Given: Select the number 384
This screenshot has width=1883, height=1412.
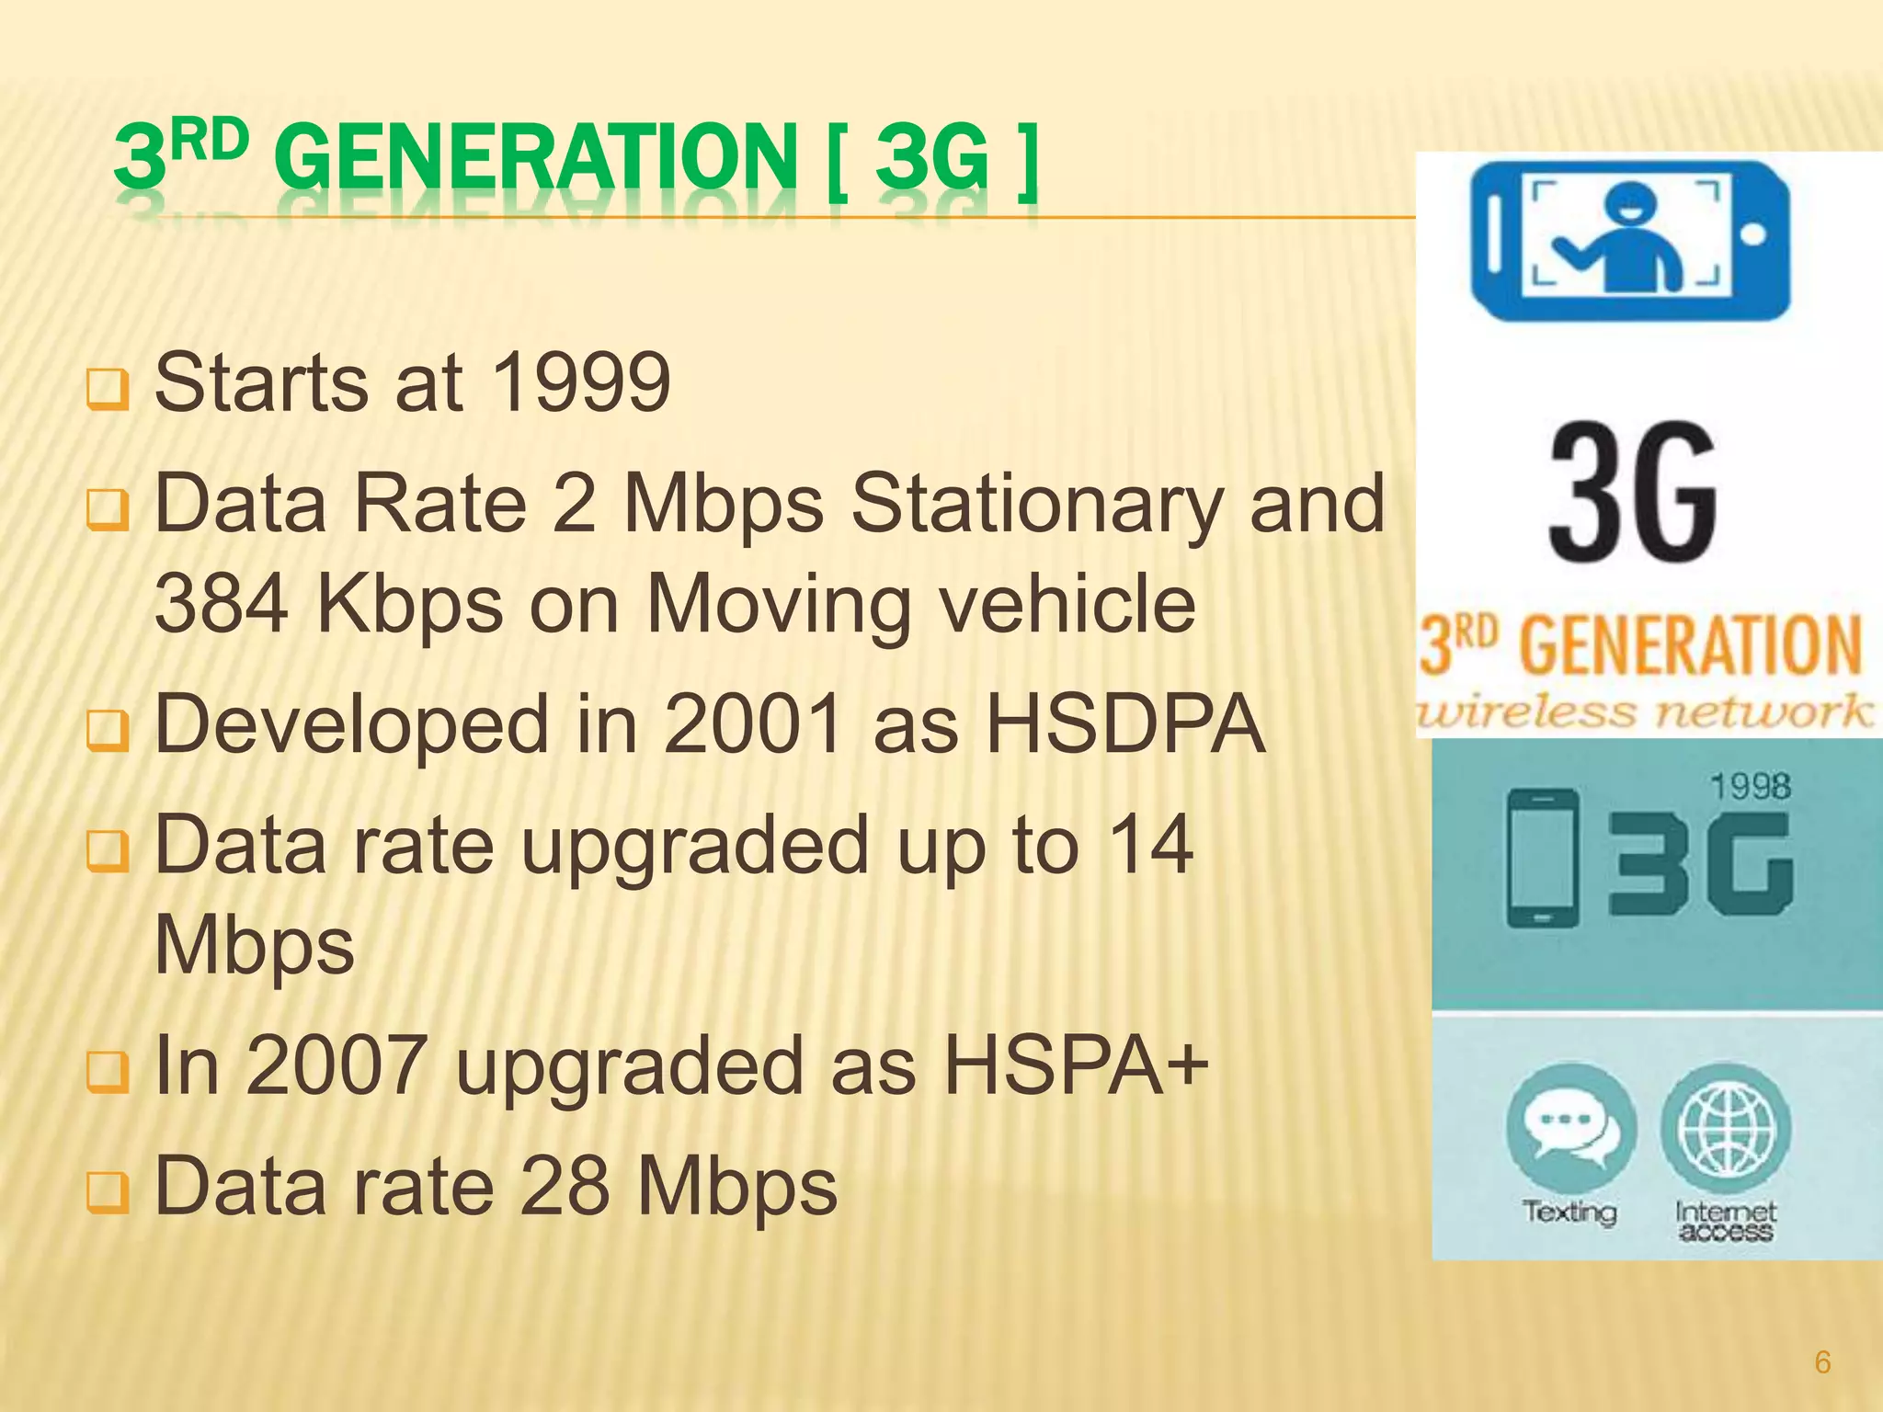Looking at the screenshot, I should pyautogui.click(x=221, y=605).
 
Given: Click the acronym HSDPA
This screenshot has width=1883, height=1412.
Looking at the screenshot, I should pyautogui.click(x=1125, y=724).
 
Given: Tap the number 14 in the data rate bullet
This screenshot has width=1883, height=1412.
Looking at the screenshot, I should pyautogui.click(x=1149, y=844).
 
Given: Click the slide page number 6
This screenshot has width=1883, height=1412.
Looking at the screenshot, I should pyautogui.click(x=1822, y=1361).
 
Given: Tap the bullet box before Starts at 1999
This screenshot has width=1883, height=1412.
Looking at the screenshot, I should pyautogui.click(x=107, y=389).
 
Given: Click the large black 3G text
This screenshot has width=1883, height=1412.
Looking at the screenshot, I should pyautogui.click(x=1633, y=492).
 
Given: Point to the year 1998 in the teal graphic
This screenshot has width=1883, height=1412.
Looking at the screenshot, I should pyautogui.click(x=1750, y=787).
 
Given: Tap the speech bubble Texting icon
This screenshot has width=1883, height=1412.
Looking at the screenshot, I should pyautogui.click(x=1570, y=1127).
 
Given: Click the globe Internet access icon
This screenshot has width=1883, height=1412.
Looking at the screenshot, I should pyautogui.click(x=1726, y=1127).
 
